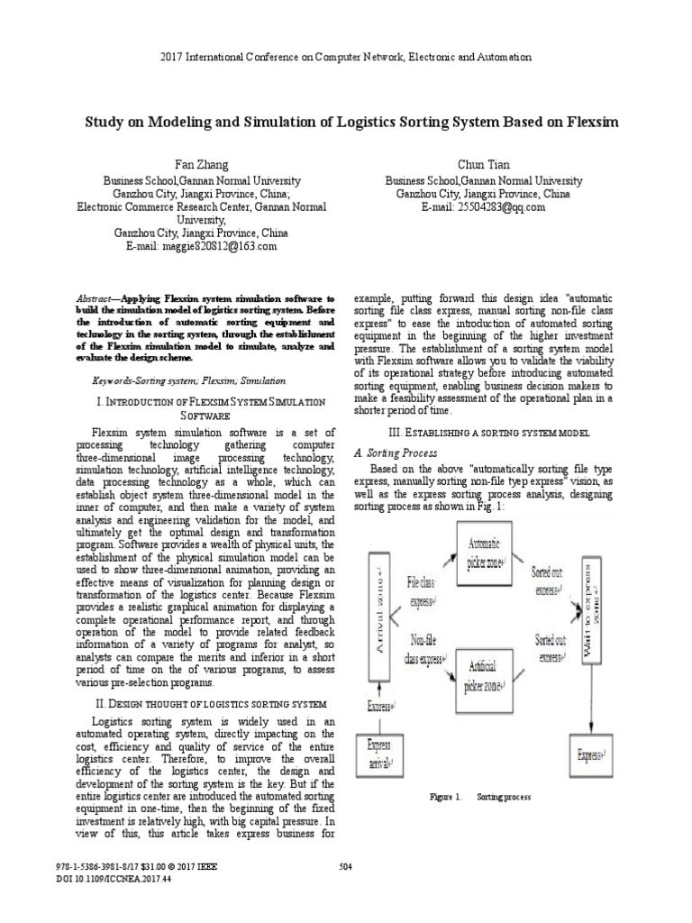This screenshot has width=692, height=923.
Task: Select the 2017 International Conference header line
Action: pyautogui.click(x=345, y=57)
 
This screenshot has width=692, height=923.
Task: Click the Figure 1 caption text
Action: pyautogui.click(x=480, y=797)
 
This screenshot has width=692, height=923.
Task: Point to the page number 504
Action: pyautogui.click(x=345, y=867)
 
